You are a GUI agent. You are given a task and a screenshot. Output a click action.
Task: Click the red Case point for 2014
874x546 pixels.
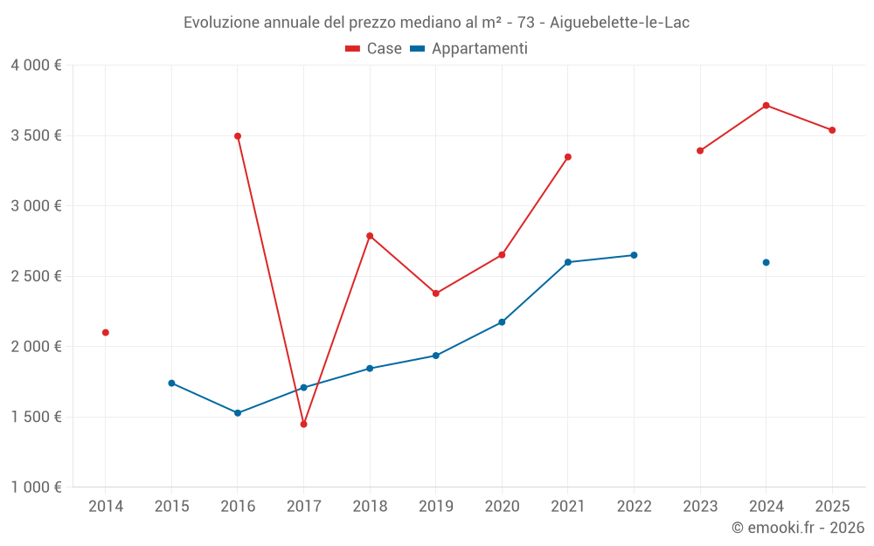[x=106, y=333]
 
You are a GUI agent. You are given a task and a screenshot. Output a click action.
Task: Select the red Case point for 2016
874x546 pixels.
[x=238, y=136]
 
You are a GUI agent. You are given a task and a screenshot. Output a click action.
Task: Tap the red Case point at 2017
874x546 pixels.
[x=303, y=425]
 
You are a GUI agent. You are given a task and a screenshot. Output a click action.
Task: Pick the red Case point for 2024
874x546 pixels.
[x=766, y=106]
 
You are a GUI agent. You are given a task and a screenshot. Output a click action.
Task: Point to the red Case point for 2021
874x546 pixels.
[x=568, y=157]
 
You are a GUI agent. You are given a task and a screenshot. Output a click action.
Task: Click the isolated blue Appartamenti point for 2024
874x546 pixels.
[x=766, y=262]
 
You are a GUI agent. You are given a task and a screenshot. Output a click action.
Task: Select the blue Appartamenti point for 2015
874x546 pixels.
[x=171, y=384]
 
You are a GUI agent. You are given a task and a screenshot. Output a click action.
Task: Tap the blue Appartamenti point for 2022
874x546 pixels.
[x=634, y=255]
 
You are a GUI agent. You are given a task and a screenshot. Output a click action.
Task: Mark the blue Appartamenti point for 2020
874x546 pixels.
[x=502, y=322]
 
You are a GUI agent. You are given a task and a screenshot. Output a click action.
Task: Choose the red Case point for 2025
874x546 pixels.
[x=832, y=130]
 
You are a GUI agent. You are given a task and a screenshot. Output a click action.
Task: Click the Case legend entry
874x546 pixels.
[x=374, y=49]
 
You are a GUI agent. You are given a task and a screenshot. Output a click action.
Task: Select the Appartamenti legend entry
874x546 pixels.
[x=469, y=49]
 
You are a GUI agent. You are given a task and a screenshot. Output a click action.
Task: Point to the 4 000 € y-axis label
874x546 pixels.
[x=36, y=66]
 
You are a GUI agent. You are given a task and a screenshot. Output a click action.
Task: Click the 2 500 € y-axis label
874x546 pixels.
[x=36, y=276]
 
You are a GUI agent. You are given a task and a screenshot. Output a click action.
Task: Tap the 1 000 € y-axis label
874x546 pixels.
[x=36, y=487]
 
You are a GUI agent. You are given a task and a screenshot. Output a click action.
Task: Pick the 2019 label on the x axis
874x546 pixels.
[x=435, y=507]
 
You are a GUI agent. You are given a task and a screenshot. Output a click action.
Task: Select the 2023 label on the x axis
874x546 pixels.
[x=700, y=507]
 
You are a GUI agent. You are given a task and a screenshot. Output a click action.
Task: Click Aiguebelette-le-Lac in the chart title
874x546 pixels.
[x=620, y=23]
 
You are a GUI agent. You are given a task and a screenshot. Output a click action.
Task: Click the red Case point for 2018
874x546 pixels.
[x=370, y=236]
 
